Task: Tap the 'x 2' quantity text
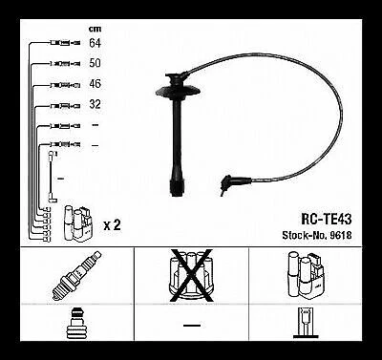pyautogui.click(x=111, y=224)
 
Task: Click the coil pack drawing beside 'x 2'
pyautogui.click(x=79, y=222)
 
